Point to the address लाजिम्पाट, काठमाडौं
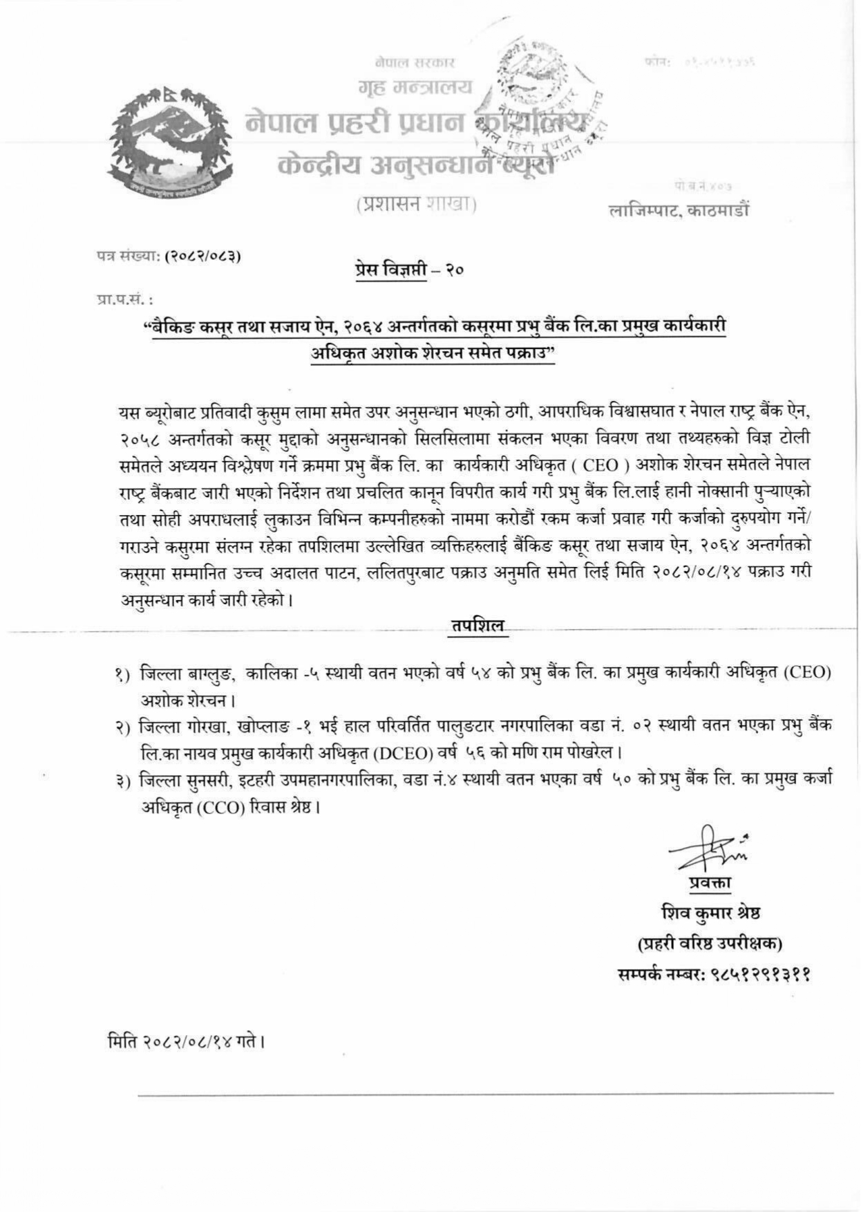[679, 209]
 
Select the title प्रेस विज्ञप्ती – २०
[406, 269]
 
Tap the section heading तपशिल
[478, 626]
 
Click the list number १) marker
[123, 673]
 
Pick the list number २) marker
[123, 727]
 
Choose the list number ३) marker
[123, 781]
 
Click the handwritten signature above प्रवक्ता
[706, 850]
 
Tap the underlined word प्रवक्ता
[709, 883]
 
